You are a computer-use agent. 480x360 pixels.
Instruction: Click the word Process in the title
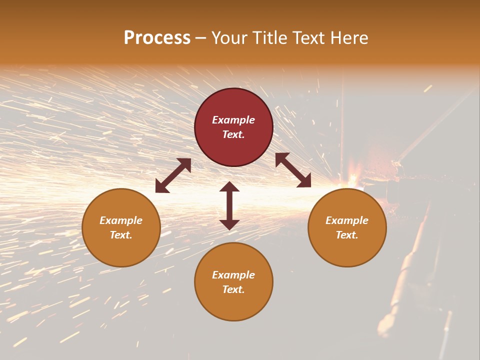pyautogui.click(x=157, y=38)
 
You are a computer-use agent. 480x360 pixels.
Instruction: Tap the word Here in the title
pyautogui.click(x=349, y=38)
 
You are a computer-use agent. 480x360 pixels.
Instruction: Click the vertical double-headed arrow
pyautogui.click(x=229, y=205)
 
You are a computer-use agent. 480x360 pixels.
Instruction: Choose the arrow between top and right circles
pyautogui.click(x=293, y=170)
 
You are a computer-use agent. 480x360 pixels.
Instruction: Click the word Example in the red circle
pyautogui.click(x=233, y=120)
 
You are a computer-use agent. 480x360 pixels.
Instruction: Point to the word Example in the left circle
pyautogui.click(x=121, y=220)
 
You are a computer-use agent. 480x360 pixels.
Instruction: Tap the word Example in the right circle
pyautogui.click(x=347, y=220)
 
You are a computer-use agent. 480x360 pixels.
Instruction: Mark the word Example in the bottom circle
pyautogui.click(x=233, y=275)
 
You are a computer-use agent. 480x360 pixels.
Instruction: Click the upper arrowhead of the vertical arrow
pyautogui.click(x=229, y=187)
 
